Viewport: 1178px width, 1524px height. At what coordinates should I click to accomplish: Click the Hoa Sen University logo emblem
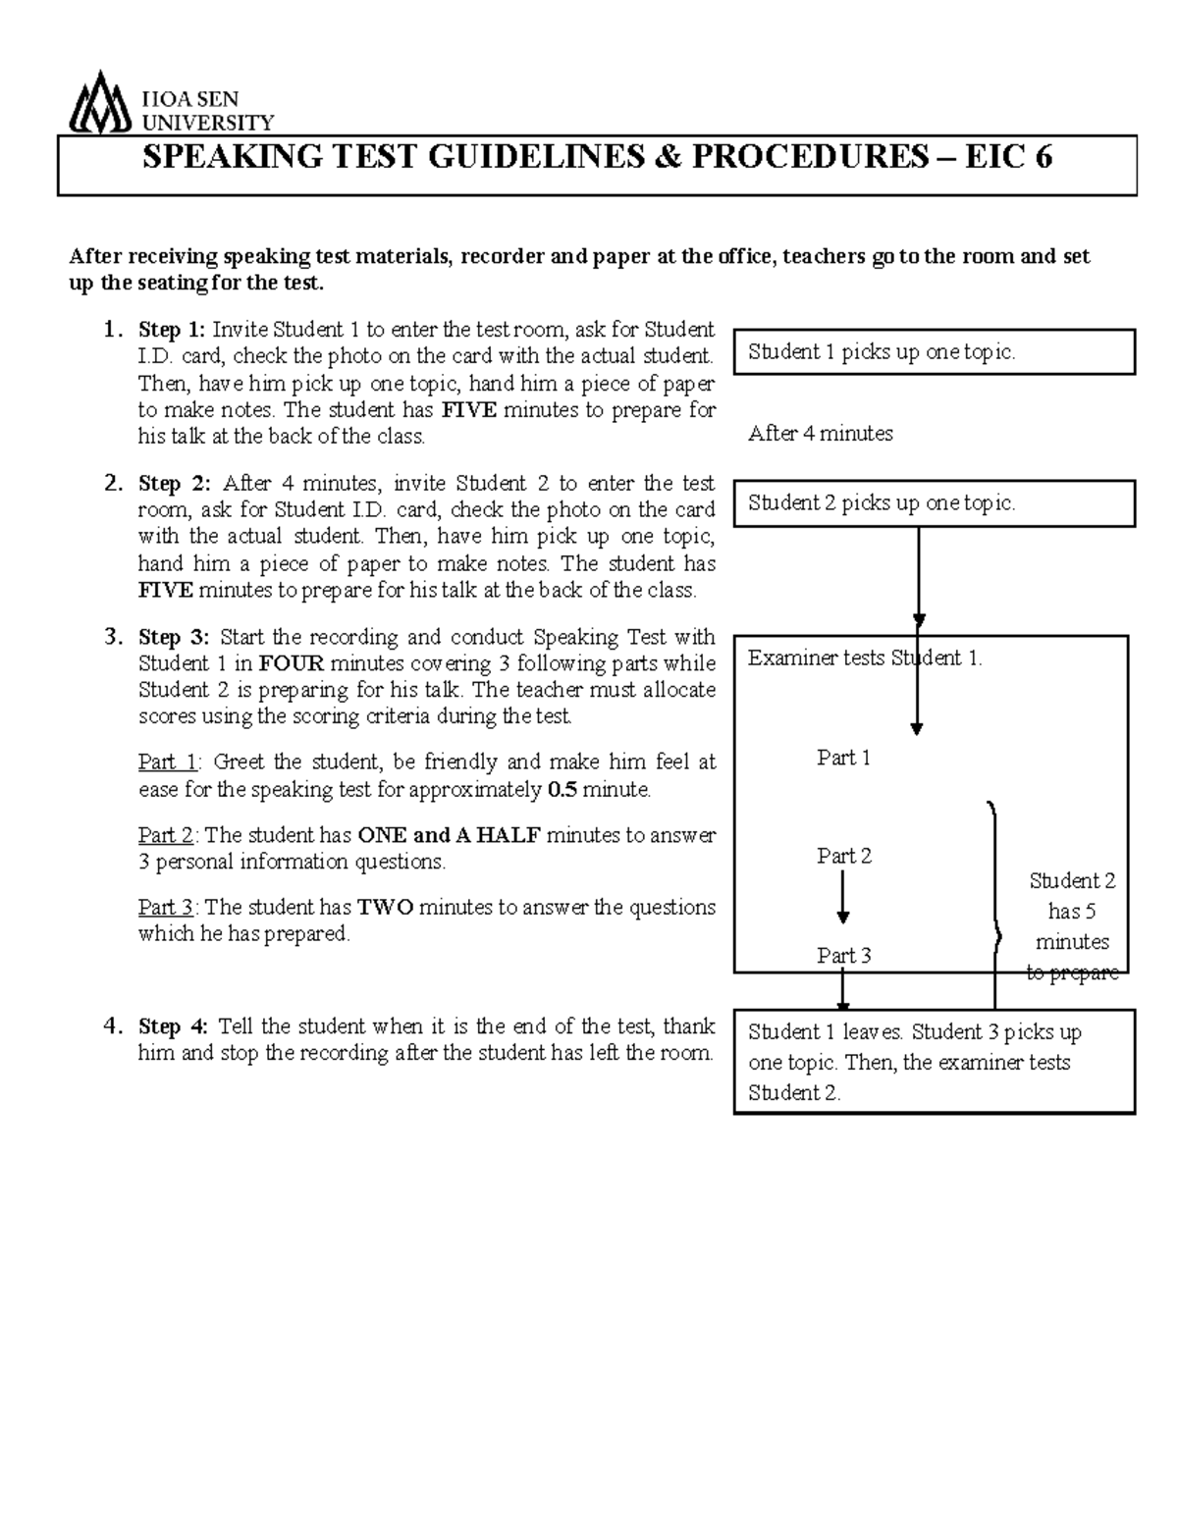[100, 102]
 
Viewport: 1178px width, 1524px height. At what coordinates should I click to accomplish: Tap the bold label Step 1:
[173, 329]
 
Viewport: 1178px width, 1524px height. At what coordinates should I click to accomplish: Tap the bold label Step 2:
[174, 483]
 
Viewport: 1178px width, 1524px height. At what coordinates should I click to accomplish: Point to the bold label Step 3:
[174, 637]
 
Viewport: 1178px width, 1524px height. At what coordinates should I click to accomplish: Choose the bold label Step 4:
[173, 1026]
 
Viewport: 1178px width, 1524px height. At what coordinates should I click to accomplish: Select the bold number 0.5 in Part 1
[561, 789]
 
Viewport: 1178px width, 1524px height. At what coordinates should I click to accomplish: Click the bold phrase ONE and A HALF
[449, 835]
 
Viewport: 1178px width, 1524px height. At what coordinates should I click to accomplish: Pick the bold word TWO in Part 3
[386, 907]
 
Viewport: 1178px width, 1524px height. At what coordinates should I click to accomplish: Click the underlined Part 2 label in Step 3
[166, 835]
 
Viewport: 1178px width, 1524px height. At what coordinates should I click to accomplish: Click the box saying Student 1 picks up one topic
[934, 352]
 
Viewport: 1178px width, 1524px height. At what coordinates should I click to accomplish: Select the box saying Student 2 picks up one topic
[934, 503]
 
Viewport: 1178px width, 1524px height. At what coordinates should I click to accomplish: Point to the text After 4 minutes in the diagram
[820, 433]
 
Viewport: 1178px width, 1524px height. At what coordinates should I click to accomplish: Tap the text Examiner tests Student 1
[864, 657]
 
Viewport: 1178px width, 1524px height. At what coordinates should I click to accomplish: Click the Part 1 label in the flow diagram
[843, 758]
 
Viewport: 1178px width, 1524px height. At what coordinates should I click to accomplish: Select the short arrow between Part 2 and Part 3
[842, 898]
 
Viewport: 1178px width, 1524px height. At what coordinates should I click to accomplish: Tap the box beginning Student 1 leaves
[934, 1062]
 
